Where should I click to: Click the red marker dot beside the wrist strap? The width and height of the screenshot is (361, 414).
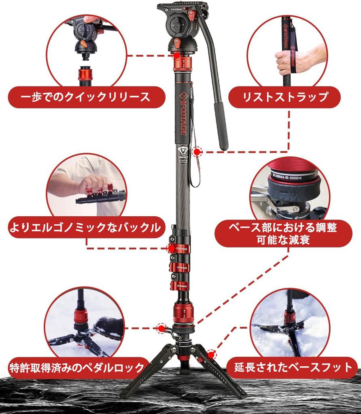(x=197, y=152)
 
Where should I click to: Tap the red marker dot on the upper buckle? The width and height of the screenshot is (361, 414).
(x=172, y=248)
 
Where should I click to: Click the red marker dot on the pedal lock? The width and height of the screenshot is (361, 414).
(x=161, y=329)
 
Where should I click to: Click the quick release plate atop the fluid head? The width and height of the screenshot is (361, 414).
(x=182, y=7)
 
